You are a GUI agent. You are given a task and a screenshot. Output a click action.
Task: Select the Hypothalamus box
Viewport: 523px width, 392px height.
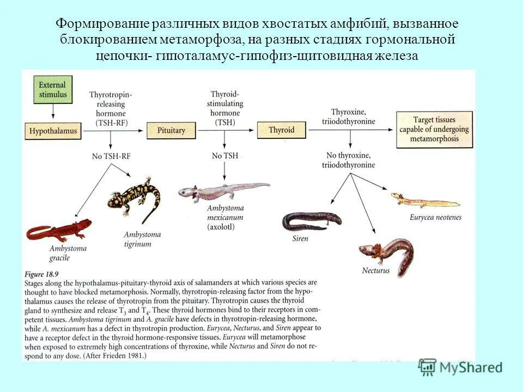(53, 131)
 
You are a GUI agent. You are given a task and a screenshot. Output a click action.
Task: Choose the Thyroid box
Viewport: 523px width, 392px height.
(281, 130)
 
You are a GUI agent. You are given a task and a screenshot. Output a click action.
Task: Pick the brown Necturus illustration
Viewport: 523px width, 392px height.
(386, 253)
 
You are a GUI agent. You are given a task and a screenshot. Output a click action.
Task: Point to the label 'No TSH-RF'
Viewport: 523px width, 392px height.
(112, 156)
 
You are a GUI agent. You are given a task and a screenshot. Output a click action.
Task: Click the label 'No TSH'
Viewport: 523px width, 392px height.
(225, 156)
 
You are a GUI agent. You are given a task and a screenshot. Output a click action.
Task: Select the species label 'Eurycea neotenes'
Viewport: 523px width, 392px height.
(435, 217)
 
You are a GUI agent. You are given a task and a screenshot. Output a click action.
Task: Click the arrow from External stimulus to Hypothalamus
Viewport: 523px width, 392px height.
(53, 111)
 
